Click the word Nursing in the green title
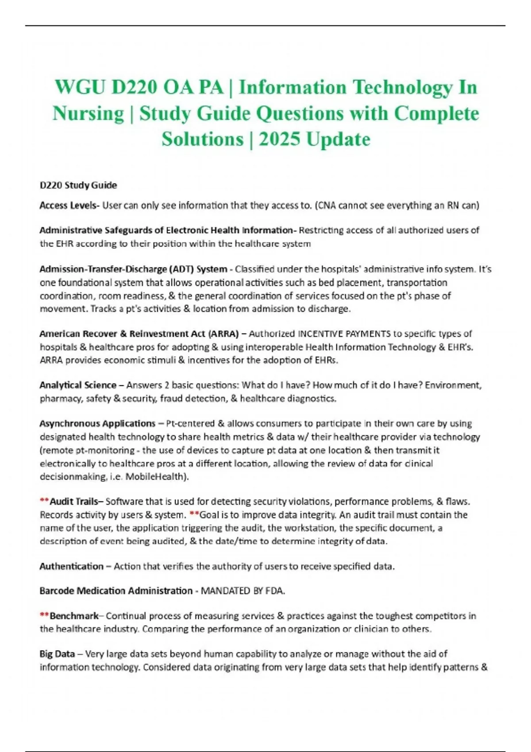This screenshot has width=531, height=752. tap(88, 113)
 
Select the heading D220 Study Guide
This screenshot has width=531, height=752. tap(78, 185)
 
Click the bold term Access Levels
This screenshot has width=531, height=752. tap(68, 205)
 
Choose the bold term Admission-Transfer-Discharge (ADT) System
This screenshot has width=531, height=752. tap(133, 269)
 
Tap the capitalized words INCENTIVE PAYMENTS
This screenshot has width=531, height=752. tap(344, 334)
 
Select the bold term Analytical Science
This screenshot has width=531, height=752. tap(78, 385)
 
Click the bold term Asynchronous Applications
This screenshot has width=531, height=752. tap(97, 423)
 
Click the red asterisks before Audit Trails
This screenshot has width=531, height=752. tap(44, 501)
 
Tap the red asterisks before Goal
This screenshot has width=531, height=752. tap(194, 514)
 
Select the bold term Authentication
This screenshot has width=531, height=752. tap(71, 566)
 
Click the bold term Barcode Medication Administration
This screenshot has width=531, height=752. tap(116, 591)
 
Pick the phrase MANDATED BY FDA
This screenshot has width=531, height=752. tap(242, 591)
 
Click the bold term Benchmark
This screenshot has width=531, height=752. tap(74, 616)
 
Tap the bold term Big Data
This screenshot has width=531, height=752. tap(56, 653)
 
